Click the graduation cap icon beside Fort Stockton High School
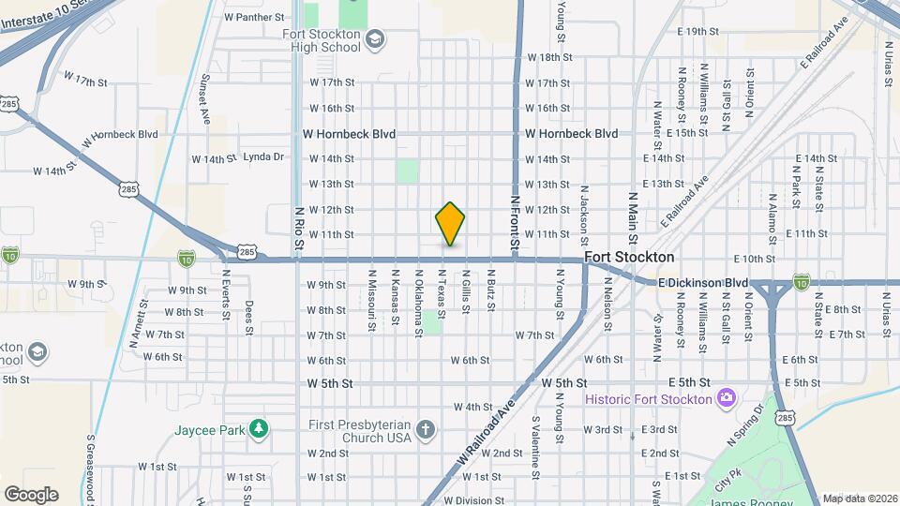click(375, 38)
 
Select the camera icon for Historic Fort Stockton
click(726, 399)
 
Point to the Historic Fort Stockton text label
click(649, 399)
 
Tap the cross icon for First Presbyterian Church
click(426, 430)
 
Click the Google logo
click(31, 494)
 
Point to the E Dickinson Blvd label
click(702, 282)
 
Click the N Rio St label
click(299, 230)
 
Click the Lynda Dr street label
click(262, 157)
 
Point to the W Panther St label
click(254, 17)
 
